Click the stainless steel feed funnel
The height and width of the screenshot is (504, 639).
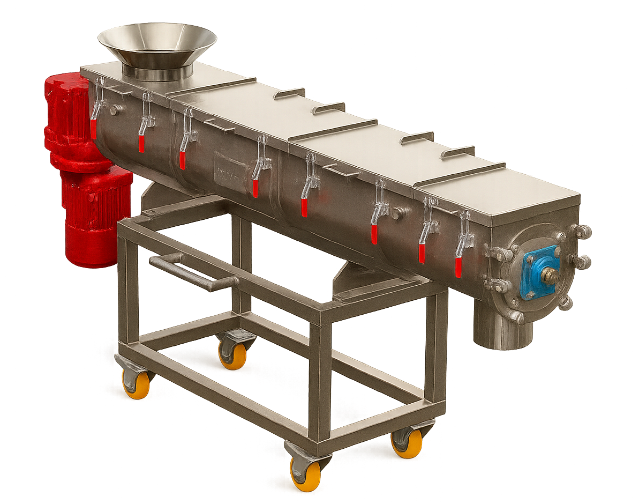(x=157, y=43)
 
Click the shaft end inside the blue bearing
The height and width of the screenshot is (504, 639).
(x=548, y=274)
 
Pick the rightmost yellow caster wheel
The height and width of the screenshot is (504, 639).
(x=407, y=442)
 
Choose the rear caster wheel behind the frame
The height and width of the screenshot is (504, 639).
(x=234, y=354)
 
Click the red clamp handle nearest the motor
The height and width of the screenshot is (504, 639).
(x=93, y=129)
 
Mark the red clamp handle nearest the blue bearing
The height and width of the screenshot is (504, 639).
(x=458, y=267)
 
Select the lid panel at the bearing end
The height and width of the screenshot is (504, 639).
(x=498, y=193)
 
